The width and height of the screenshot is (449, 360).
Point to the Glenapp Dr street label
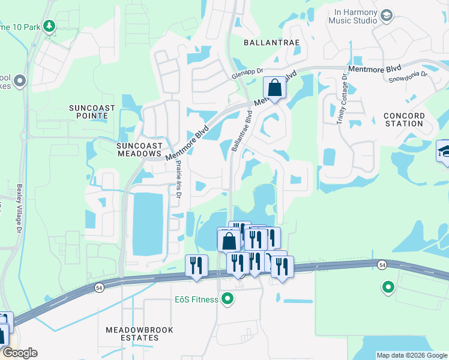(248, 74)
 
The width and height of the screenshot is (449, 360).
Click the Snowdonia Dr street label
(407, 76)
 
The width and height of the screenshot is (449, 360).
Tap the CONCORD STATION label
(404, 119)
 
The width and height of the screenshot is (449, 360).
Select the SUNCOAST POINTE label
(97, 112)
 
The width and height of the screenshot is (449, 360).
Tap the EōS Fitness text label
(197, 299)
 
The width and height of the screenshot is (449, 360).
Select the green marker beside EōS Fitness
(228, 298)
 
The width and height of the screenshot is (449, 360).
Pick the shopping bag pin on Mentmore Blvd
(274, 89)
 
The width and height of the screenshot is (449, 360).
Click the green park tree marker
(49, 26)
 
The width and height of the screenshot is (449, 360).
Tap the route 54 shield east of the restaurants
(381, 264)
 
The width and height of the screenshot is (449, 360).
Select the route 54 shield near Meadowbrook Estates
(98, 289)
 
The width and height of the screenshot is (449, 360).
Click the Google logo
(19, 353)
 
